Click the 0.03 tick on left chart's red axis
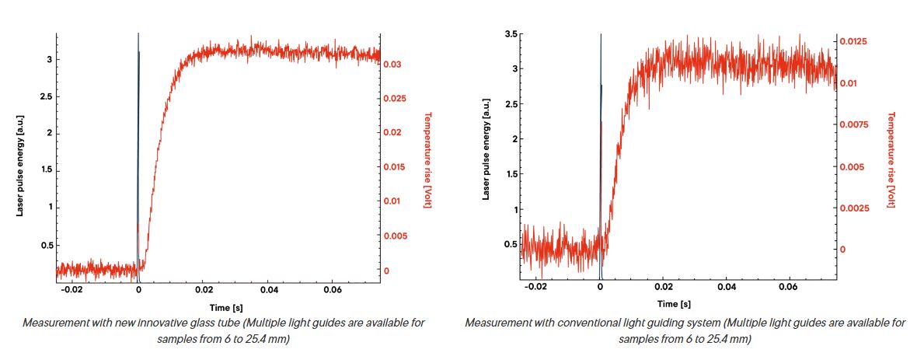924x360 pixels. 392,65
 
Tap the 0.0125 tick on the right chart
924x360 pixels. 853,41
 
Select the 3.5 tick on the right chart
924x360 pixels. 511,34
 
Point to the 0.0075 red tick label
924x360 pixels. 853,124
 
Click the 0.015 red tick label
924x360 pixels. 395,166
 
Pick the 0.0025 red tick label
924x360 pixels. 853,208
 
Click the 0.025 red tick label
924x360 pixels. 395,98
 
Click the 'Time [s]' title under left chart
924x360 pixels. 226,308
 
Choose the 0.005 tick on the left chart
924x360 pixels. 395,236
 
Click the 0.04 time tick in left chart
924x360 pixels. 270,290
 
